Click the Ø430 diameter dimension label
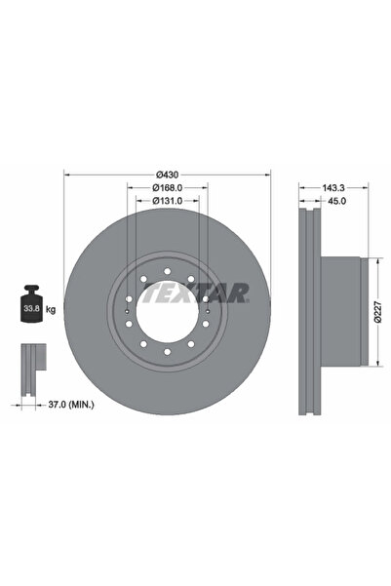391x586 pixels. (168, 175)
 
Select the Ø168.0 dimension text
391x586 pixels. (168, 187)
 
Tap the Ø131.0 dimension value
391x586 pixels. (168, 201)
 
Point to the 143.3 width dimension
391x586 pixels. (333, 187)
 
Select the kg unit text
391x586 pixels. (51, 309)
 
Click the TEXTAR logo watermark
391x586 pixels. (196, 293)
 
